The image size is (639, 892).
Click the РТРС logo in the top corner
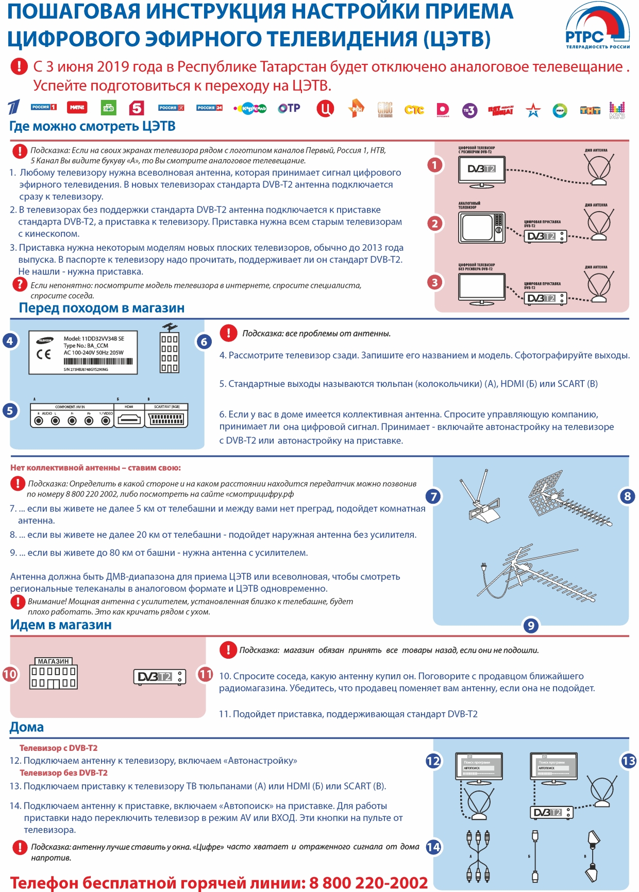point(597,28)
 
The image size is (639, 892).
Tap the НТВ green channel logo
point(108,108)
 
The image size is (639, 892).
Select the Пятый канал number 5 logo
point(136,108)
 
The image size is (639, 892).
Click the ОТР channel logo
point(289,108)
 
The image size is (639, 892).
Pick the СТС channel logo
point(414,110)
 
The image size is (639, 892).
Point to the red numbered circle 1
point(435,165)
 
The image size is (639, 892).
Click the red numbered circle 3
point(435,282)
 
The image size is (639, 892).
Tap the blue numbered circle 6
point(204,341)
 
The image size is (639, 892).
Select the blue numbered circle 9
point(530,625)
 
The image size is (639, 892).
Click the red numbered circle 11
point(205,674)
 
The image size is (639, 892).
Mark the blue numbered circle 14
point(433,847)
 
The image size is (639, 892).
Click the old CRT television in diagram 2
point(481,228)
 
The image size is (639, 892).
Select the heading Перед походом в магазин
point(102,308)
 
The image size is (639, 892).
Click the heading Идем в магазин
point(61,625)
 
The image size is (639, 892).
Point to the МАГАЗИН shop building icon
point(54,674)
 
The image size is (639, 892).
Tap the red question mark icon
point(20,284)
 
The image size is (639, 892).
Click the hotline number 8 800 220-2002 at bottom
point(368,883)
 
